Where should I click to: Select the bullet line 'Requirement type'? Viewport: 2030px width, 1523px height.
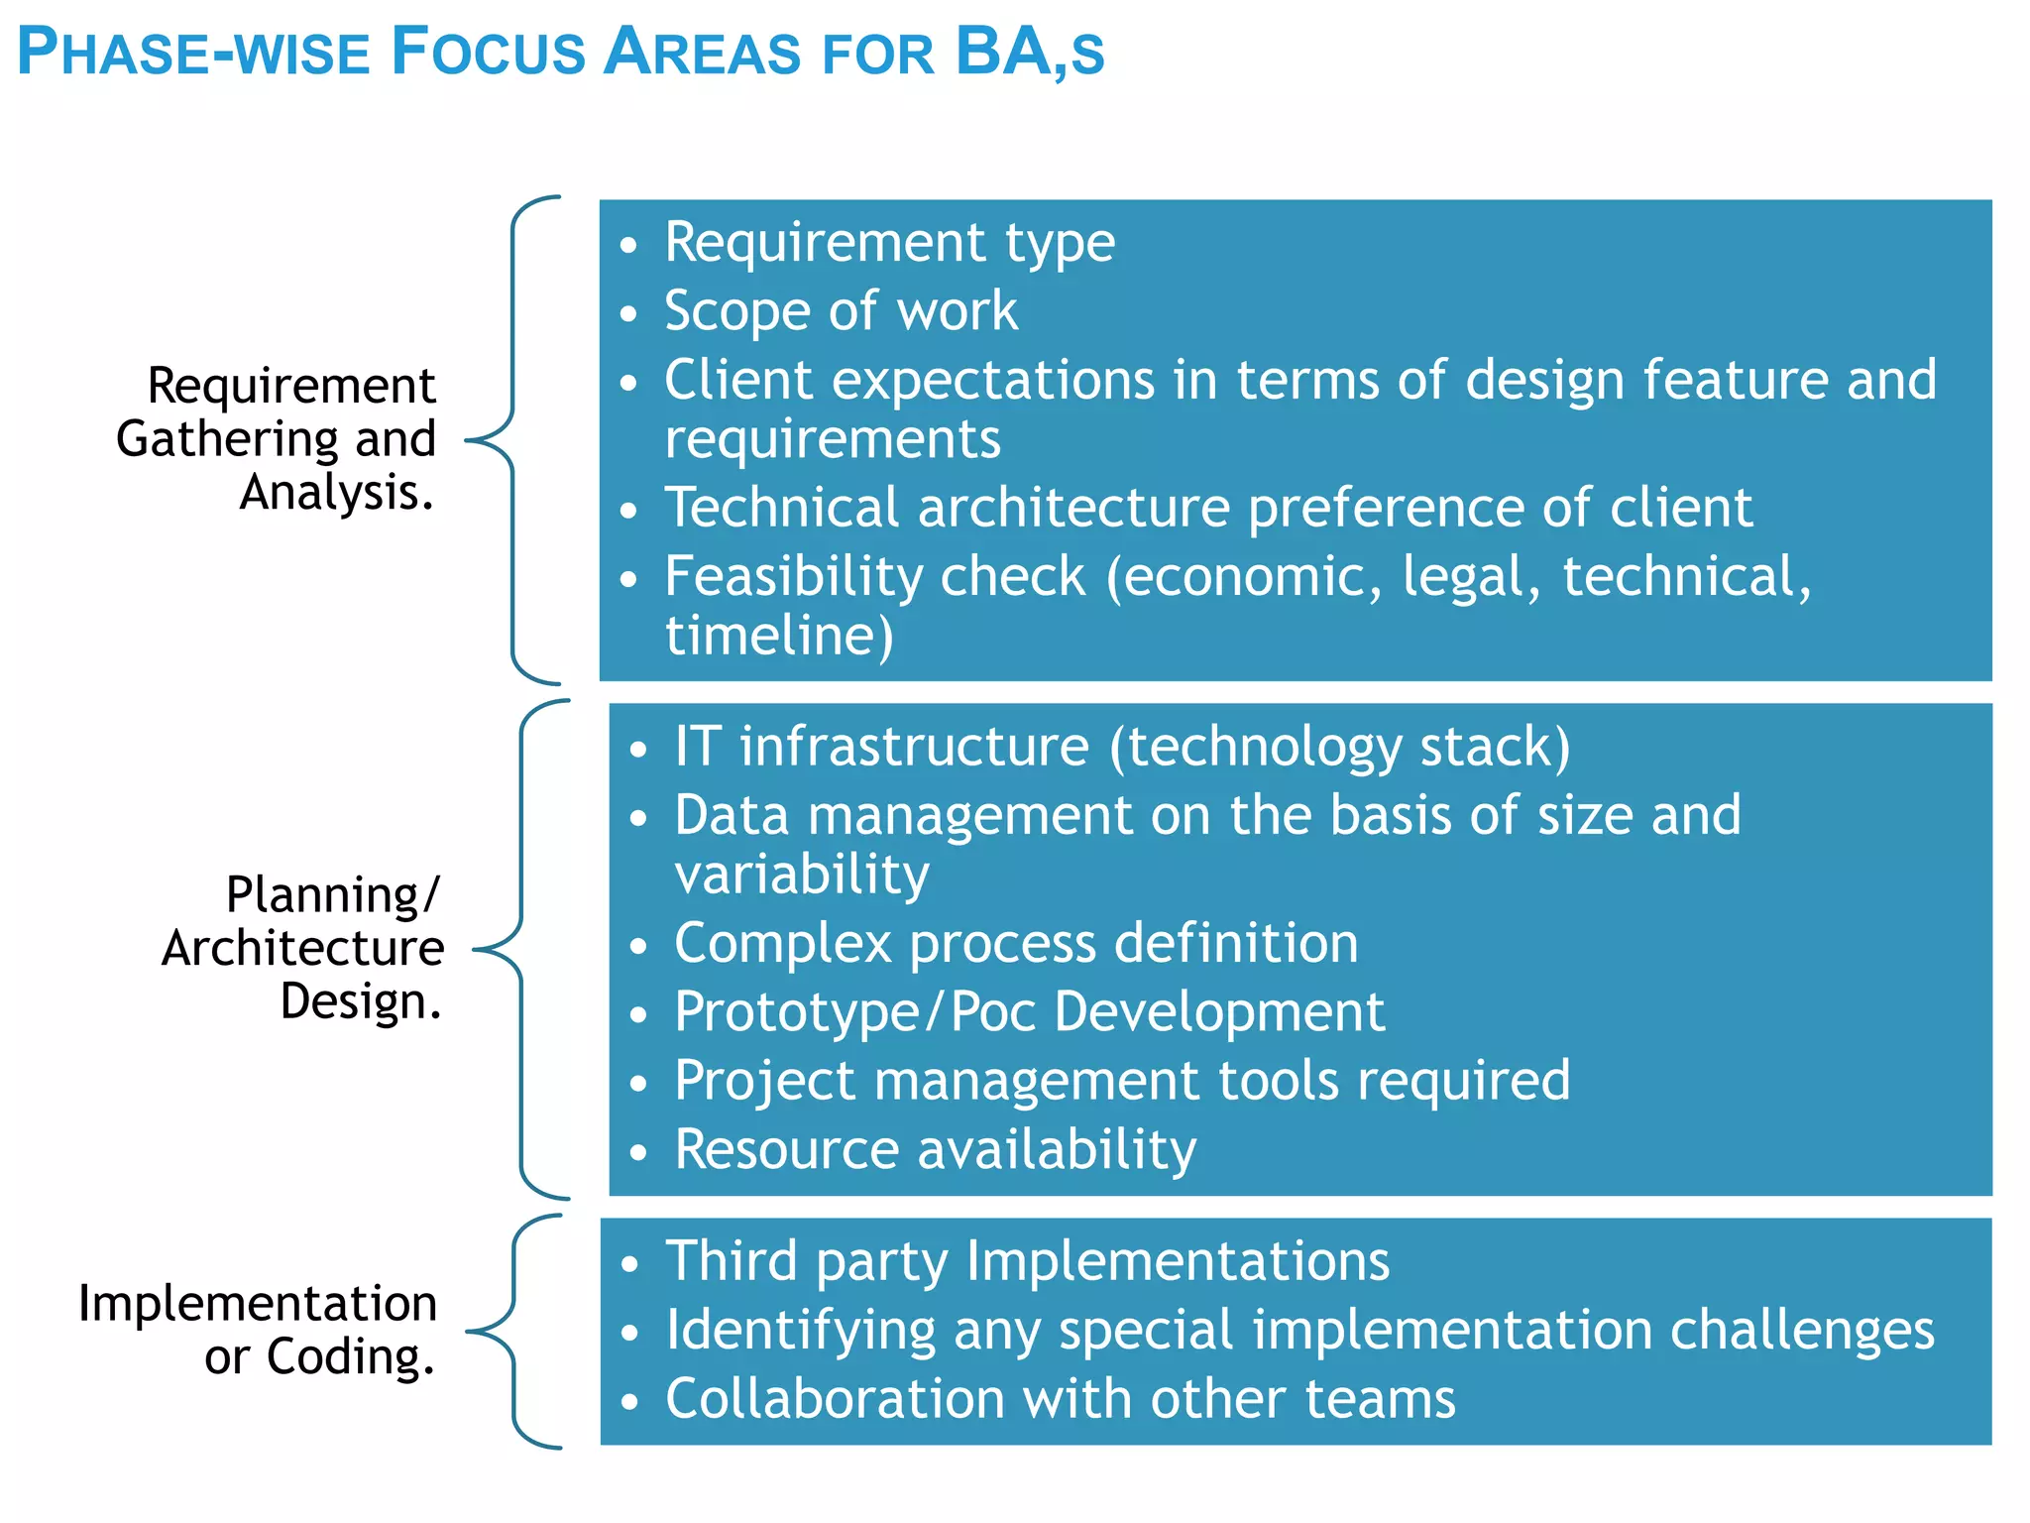[889, 242]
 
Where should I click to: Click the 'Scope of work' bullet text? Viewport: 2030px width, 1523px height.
[841, 310]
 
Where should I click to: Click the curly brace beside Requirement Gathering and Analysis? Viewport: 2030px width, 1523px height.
[513, 439]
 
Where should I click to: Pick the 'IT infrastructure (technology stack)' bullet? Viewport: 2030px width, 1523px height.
[1121, 746]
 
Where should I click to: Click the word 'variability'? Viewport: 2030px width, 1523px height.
[801, 874]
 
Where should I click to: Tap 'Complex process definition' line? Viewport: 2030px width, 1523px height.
[1015, 942]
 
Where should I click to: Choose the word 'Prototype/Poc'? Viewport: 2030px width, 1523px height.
[853, 1011]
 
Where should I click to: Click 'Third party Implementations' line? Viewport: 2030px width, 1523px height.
[1027, 1261]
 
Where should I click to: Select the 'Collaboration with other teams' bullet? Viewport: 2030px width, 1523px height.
[1060, 1398]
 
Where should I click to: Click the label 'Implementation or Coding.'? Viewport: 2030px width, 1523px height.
[260, 1330]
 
